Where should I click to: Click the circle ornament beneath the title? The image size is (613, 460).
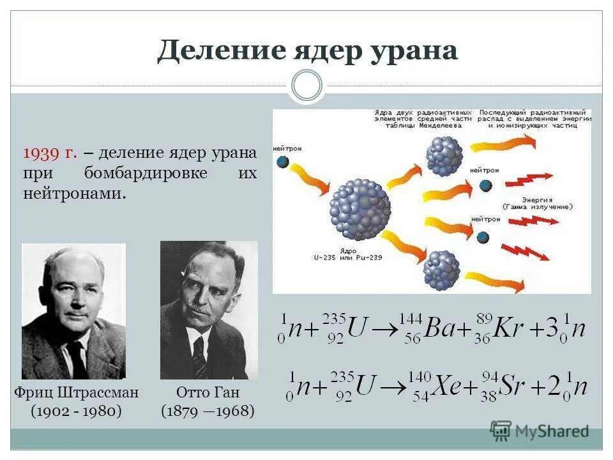pos(306,86)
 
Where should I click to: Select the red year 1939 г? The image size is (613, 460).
pos(50,153)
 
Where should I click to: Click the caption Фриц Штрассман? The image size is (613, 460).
pos(76,392)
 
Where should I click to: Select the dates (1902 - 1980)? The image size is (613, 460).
pos(76,411)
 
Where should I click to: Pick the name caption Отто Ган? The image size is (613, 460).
pos(208,392)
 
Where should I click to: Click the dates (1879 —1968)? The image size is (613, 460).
pos(208,411)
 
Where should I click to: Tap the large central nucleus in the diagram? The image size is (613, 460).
pos(359,209)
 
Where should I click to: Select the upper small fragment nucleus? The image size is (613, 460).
pos(444,155)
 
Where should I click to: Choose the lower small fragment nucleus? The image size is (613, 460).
pos(441,269)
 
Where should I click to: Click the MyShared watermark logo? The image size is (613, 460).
pos(540,431)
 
